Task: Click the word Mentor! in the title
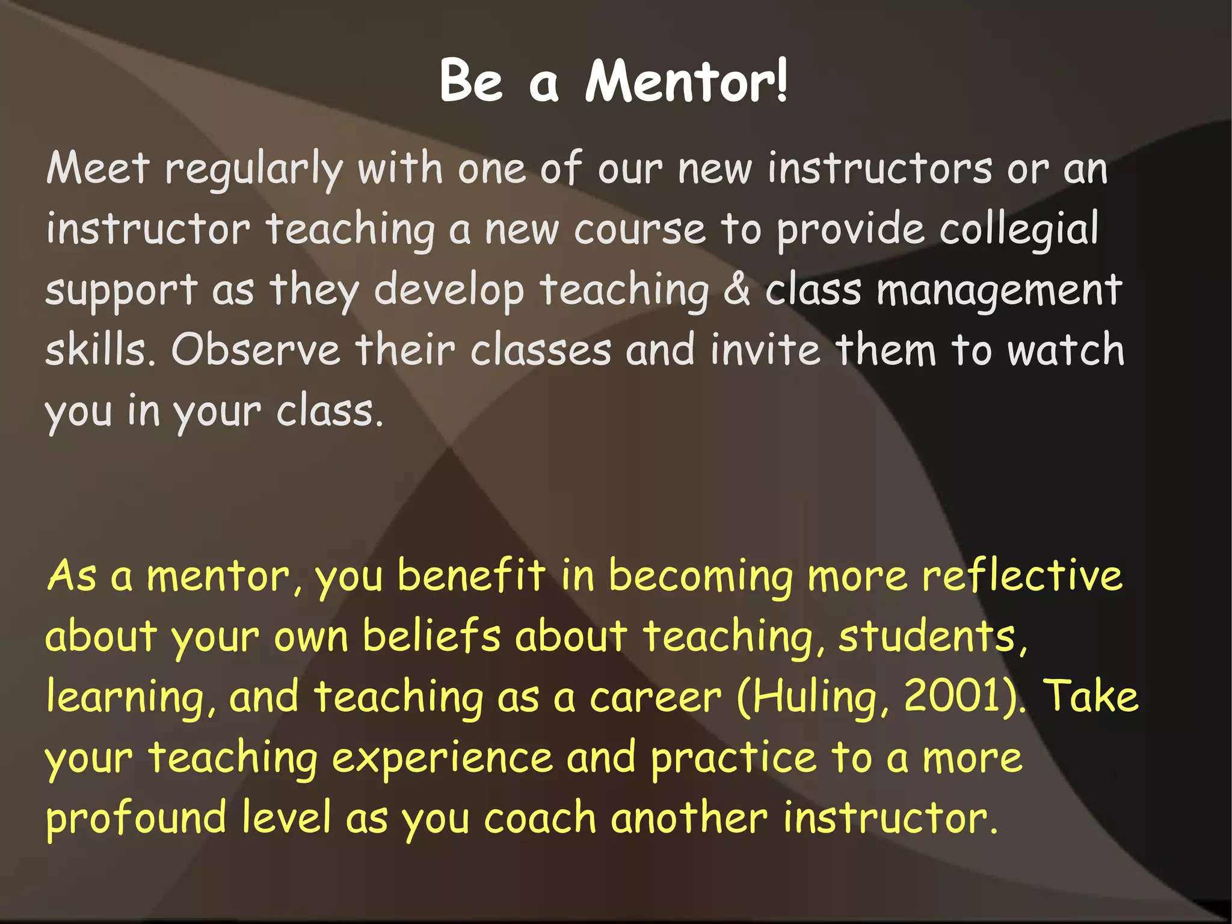pos(686,81)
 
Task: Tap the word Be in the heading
pos(470,81)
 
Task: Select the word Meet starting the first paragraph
pos(97,168)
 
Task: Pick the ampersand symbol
pos(737,290)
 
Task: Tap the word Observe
pos(256,350)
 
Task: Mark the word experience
pos(442,759)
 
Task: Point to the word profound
pos(137,819)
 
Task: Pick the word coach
pos(540,818)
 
